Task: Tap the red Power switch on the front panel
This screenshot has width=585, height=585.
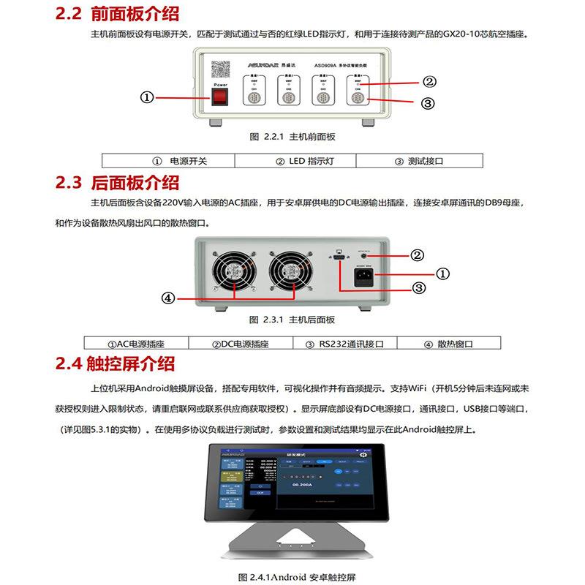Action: [219, 96]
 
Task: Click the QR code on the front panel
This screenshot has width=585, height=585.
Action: [220, 69]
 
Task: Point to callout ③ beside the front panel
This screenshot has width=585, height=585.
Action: [429, 103]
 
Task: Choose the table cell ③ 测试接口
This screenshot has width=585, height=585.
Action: [419, 161]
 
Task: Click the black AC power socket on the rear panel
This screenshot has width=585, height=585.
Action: [366, 276]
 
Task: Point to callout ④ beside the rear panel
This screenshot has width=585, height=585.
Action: [167, 298]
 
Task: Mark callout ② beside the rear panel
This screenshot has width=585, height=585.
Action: [417, 255]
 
